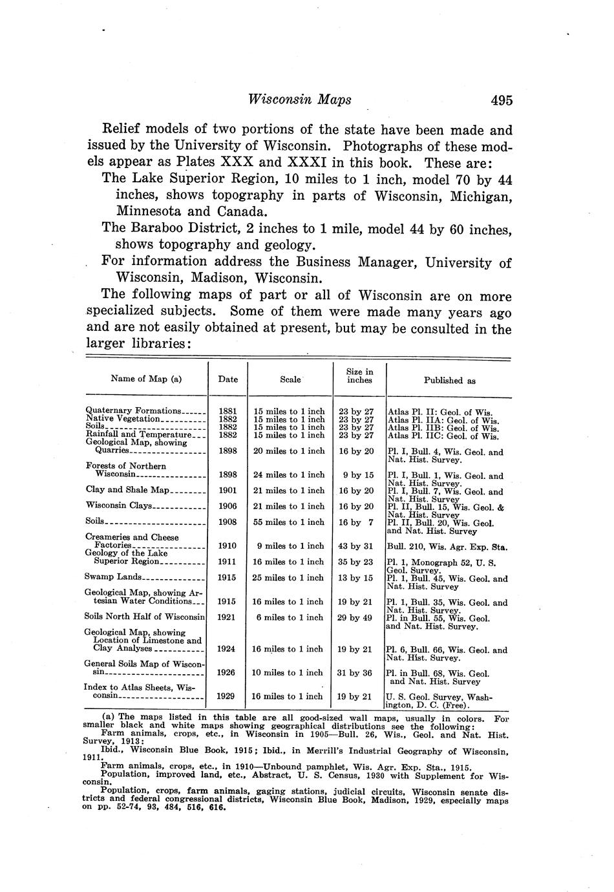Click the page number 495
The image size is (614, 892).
[x=501, y=100]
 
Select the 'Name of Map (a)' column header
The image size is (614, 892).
[x=146, y=379]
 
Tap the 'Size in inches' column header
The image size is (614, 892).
[x=359, y=376]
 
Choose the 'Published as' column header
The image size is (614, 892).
[x=449, y=381]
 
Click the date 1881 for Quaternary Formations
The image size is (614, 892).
[x=228, y=411]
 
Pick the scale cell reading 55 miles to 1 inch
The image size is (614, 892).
[x=288, y=522]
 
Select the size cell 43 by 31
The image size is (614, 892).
[x=355, y=546]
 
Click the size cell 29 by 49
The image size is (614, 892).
[x=355, y=617]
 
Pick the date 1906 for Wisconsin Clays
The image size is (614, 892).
[x=228, y=506]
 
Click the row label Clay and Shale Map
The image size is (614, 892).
[x=127, y=490]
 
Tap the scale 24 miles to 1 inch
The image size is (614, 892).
[x=288, y=474]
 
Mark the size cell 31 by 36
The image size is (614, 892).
[x=355, y=673]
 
